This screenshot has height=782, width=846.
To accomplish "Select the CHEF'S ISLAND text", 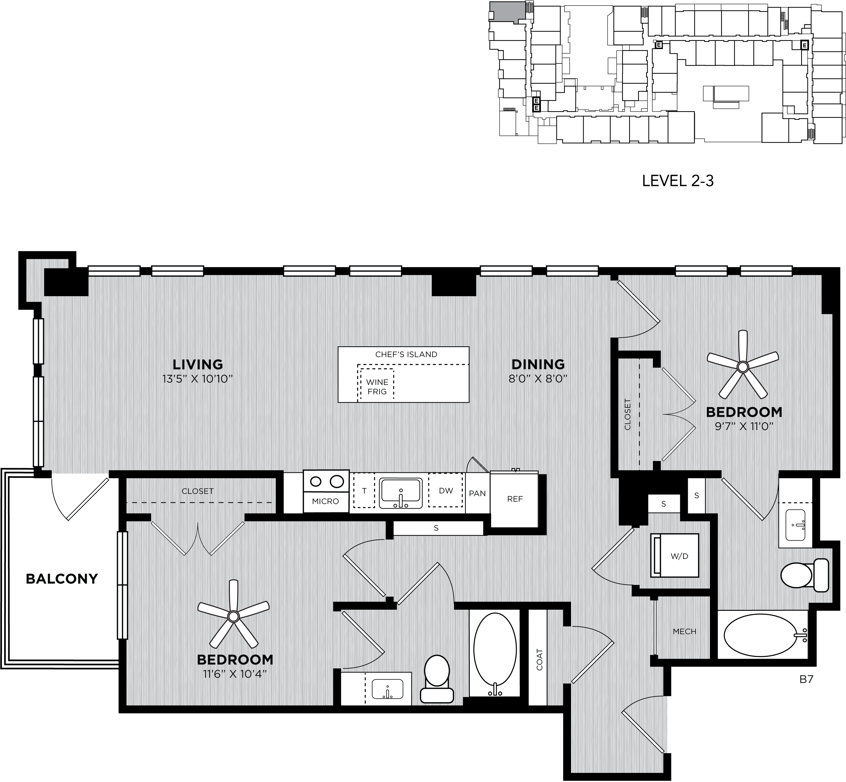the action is [406, 354].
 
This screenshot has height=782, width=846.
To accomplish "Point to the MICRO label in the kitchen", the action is [325, 501].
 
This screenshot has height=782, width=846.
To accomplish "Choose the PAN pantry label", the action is [477, 494].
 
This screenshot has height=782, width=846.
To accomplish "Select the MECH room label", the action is [684, 632].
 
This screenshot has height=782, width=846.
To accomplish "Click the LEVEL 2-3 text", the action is [678, 181].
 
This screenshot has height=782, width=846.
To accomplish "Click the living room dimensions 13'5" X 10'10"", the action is [198, 379].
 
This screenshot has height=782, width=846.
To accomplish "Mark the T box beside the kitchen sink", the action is [364, 490].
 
